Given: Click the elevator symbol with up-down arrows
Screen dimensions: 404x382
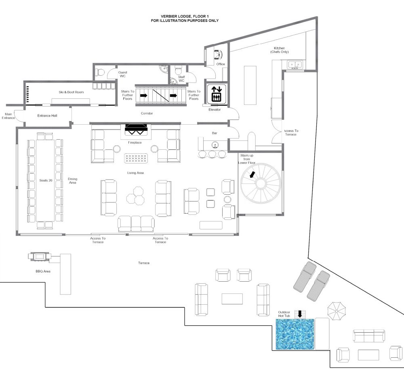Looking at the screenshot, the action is [217, 94].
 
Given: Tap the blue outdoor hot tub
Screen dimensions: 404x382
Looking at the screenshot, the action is [295, 335].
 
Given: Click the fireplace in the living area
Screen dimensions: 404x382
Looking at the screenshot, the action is [136, 130].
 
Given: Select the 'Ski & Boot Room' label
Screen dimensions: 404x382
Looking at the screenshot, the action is [71, 92].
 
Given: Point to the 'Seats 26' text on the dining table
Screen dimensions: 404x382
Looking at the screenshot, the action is [46, 180].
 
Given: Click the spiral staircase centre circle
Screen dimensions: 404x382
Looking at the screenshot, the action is [261, 184].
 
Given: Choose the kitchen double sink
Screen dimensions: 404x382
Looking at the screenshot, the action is [295, 64].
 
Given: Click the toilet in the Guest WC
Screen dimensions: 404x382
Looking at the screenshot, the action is [99, 72].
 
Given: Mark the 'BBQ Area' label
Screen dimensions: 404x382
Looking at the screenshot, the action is [43, 271].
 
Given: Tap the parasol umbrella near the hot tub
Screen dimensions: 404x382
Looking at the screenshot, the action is [336, 311].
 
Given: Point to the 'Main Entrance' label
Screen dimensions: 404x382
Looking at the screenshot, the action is [8, 116].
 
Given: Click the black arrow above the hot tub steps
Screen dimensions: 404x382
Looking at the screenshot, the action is [300, 314].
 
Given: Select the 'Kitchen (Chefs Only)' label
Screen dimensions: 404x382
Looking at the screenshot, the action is [279, 50].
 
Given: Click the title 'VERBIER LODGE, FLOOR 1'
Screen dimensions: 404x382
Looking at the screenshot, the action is [185, 17].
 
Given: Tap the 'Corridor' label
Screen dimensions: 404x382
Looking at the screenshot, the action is [147, 113].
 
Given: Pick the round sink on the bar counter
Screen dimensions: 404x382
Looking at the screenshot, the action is [214, 145].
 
